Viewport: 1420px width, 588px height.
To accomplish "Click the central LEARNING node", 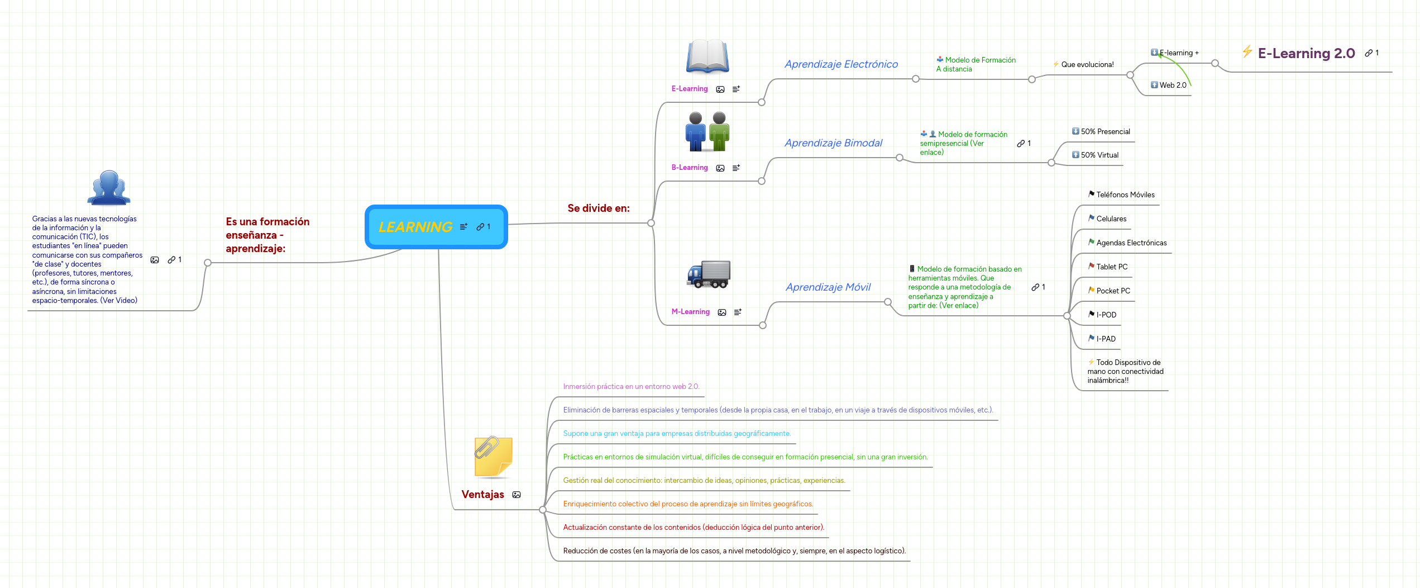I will point(416,227).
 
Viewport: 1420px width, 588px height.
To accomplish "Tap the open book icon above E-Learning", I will point(707,56).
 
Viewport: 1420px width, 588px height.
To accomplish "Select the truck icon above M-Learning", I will point(708,274).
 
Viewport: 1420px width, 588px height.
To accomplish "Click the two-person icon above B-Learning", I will point(707,132).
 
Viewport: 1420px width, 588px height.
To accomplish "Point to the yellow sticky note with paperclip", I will point(493,457).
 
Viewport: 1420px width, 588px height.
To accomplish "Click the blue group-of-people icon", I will point(109,188).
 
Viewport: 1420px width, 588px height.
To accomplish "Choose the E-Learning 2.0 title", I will point(1306,54).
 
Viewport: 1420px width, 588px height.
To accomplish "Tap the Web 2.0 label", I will point(1173,86).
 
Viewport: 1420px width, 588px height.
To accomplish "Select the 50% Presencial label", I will point(1105,132).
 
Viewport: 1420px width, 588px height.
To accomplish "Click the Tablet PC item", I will point(1112,267).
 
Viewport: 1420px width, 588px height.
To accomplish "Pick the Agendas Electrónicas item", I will point(1131,243).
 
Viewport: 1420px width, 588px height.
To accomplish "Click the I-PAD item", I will point(1106,339).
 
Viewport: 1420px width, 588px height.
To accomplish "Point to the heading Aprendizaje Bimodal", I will point(833,143).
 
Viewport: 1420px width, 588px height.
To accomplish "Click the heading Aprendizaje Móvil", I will point(828,287).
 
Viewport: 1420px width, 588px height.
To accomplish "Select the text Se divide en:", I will point(598,208).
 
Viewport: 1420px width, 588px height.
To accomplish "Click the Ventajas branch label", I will point(482,495).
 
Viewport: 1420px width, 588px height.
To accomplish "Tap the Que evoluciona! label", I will point(1087,65).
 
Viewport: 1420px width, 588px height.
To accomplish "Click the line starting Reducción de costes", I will point(734,551).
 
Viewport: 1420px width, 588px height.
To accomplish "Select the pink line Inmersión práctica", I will point(631,387).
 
